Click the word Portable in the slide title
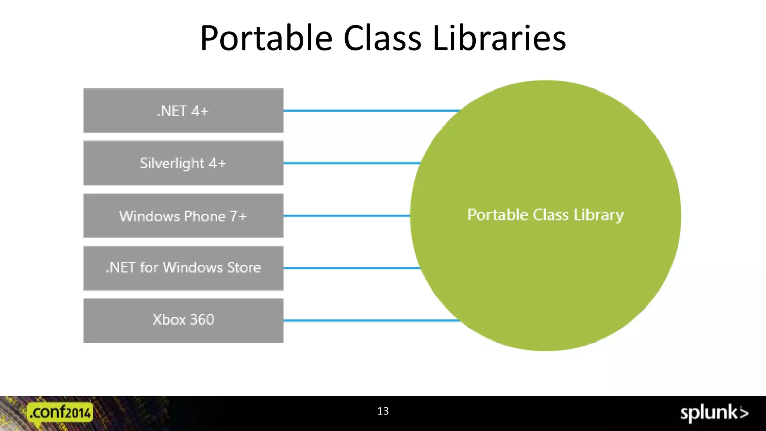coord(266,38)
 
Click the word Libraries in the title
coord(499,38)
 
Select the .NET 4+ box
coord(183,111)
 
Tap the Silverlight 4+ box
coord(183,163)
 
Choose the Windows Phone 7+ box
coord(183,216)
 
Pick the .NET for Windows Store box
coord(183,268)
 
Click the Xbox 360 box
coord(183,320)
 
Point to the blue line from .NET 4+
coord(370,111)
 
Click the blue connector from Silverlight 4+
coord(352,163)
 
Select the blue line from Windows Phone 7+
coord(346,216)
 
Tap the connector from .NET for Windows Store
coord(352,268)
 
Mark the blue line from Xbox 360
coord(370,321)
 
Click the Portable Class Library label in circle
coord(545,215)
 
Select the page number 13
coord(383,411)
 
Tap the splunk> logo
coord(714,413)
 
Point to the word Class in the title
coord(382,38)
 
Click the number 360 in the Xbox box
coord(202,320)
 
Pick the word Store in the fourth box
coord(244,268)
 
